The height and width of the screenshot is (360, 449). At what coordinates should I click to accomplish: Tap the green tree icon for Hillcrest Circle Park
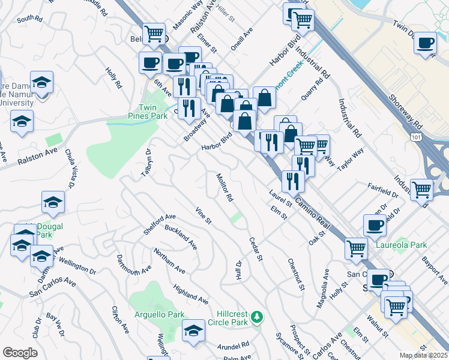[257, 316]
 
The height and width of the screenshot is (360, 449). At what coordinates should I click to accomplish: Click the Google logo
[20, 353]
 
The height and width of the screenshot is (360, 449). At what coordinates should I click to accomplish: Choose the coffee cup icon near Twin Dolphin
[426, 44]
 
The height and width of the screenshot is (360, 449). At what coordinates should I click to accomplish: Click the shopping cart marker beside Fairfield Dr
[422, 190]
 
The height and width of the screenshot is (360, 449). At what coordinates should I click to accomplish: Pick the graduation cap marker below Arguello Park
[193, 331]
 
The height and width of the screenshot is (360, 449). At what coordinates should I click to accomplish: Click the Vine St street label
[203, 216]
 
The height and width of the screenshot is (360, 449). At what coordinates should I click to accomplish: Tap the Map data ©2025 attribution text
[424, 355]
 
